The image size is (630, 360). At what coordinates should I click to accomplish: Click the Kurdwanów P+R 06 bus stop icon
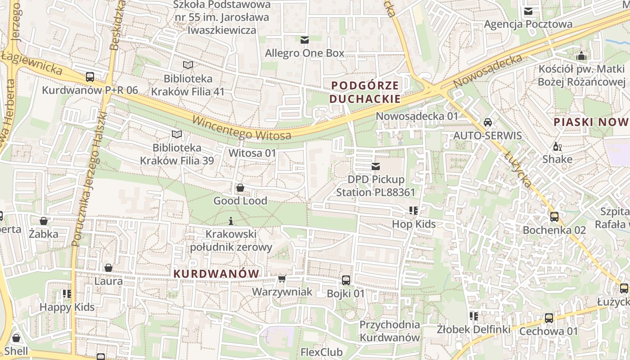pos(90,77)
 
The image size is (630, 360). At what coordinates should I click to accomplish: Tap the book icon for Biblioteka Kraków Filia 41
pos(188,65)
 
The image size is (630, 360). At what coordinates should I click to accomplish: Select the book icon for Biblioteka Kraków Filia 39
pos(177,134)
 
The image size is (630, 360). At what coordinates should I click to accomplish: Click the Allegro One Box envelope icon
pos(305,40)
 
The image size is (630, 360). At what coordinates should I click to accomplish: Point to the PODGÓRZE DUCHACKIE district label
pos(365,92)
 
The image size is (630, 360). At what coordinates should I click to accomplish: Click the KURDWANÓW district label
pos(216,274)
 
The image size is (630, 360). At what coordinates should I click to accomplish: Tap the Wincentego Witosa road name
pos(242,128)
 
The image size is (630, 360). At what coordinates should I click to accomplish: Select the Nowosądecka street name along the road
pos(488,71)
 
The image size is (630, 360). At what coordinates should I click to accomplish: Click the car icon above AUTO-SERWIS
pos(487,122)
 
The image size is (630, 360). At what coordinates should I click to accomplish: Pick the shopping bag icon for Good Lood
pos(240,188)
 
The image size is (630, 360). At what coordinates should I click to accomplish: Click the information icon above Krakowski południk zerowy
pos(231,221)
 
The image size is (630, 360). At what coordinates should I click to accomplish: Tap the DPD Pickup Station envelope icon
pos(376,166)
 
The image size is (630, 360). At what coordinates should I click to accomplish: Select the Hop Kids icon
pos(414,211)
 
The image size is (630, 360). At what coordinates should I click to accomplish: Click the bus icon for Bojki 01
pos(346,280)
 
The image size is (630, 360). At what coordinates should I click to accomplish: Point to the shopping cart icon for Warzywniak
pos(282,279)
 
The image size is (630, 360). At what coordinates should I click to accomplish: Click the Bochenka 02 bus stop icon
pos(554,217)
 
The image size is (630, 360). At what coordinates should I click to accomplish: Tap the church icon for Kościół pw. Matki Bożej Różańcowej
pos(581,56)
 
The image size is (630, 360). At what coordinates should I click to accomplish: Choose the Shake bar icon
pos(557,146)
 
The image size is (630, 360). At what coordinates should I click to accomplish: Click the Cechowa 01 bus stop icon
pos(549,318)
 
